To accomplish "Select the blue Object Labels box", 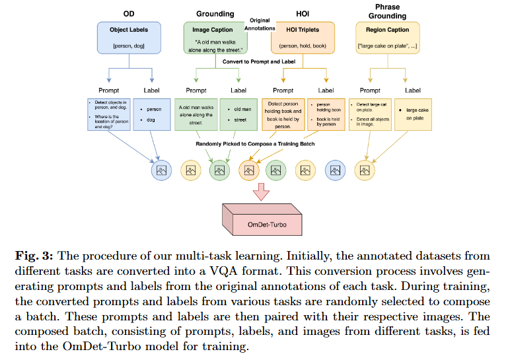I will tap(129, 37).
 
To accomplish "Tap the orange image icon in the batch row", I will tap(249, 170).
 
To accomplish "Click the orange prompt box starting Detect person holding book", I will tap(283, 114).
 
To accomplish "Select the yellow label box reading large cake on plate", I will tap(413, 114).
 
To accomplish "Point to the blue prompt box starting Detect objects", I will tap(108, 114).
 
